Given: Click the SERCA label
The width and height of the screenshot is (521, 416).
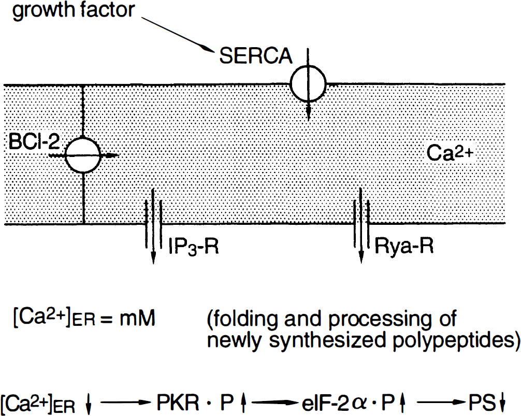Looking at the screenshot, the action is (x=255, y=55).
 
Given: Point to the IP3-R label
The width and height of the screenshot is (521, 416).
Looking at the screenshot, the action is (x=194, y=247).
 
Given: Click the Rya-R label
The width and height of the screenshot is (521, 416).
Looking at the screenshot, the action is (x=404, y=246).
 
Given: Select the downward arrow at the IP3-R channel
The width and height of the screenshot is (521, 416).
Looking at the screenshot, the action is (x=153, y=226).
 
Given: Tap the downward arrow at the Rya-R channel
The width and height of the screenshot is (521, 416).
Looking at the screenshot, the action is (x=361, y=225).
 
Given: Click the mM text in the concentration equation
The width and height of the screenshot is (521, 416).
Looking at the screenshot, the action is (x=137, y=318).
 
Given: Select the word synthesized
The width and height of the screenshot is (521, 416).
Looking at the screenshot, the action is (x=330, y=340).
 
